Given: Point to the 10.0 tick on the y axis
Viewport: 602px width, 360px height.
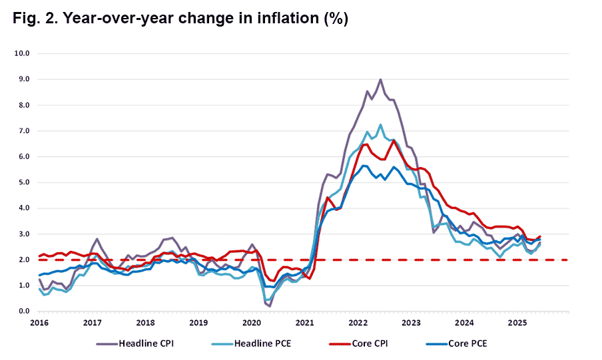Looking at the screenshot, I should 24,53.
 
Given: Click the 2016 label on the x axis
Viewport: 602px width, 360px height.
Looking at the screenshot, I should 39,323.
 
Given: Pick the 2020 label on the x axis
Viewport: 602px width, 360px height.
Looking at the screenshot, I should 252,323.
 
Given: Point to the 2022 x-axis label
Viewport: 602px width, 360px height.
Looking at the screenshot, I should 358,323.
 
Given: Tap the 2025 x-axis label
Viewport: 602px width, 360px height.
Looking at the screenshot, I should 518,323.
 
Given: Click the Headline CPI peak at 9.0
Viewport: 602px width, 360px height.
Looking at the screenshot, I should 380,79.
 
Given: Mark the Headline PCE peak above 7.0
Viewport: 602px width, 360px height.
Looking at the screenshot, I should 380,124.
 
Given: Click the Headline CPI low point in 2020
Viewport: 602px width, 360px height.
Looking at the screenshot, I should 270,306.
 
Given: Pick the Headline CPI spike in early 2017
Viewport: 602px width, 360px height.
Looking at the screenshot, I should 97,239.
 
